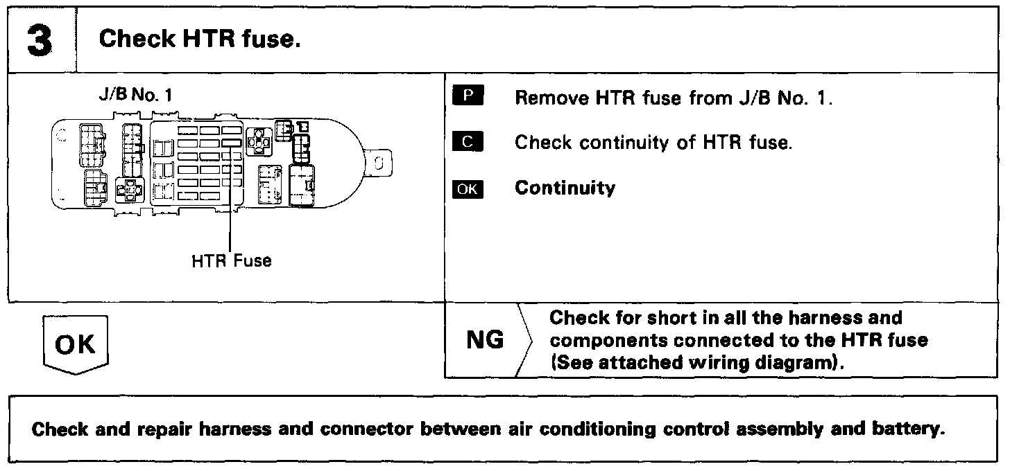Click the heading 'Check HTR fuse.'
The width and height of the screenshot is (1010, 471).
tap(200, 39)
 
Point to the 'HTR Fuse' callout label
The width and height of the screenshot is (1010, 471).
tap(231, 261)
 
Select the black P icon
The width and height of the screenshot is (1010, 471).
tap(467, 96)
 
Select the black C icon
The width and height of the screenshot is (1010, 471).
tap(467, 142)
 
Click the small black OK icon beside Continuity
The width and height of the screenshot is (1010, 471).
tap(467, 188)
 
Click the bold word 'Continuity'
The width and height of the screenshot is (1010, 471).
tap(565, 188)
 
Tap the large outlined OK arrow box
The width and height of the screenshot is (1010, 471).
tap(76, 344)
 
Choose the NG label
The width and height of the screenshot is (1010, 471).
tap(485, 341)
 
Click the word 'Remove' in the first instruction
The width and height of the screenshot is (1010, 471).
tap(550, 98)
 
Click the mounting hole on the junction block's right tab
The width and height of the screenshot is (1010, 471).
tap(379, 163)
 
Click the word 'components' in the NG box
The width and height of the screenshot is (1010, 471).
tap(608, 340)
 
